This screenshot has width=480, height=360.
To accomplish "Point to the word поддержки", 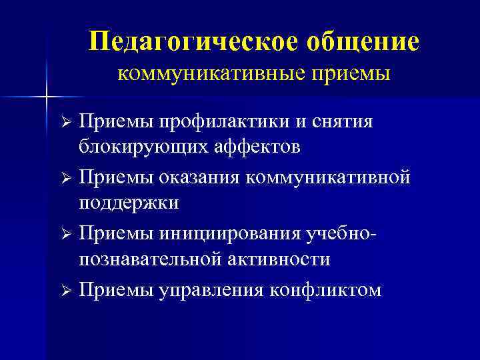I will point(129,202).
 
